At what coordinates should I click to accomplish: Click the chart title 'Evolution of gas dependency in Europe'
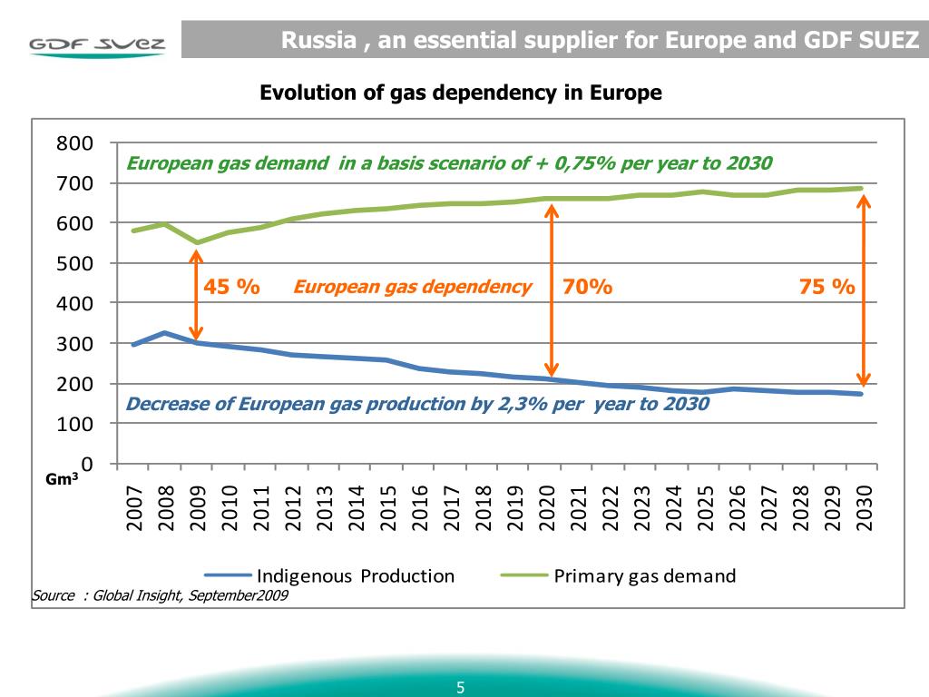[x=461, y=93]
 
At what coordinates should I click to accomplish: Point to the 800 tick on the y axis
[x=75, y=143]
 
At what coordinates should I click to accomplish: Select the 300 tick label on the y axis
[x=75, y=344]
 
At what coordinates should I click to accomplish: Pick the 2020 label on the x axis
[x=547, y=507]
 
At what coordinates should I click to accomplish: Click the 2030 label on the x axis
[x=864, y=507]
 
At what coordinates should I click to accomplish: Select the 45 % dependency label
[x=231, y=287]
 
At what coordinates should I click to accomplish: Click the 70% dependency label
[x=587, y=287]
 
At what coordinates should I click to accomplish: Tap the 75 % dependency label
[x=826, y=287]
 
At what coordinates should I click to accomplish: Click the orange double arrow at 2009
[x=196, y=295]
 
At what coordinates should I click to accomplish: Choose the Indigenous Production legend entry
[x=330, y=575]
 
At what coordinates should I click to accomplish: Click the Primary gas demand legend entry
[x=619, y=575]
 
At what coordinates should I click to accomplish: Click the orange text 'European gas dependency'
[x=412, y=287]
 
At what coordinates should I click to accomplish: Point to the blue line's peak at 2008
[x=165, y=333]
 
